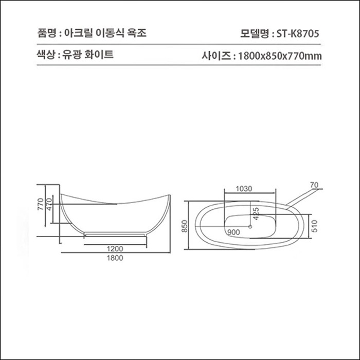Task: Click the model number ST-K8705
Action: [x=297, y=34]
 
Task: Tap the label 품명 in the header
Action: [x=45, y=34]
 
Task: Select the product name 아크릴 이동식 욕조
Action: [x=105, y=34]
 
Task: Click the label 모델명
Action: [x=254, y=34]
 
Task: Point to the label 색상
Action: [x=45, y=54]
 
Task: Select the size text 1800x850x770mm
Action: [x=280, y=56]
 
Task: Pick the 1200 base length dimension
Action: [x=115, y=249]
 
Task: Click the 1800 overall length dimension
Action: [x=115, y=258]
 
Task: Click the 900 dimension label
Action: [x=233, y=232]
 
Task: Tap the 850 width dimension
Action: [x=185, y=225]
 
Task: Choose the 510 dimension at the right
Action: [x=315, y=225]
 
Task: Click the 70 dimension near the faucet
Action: [x=314, y=184]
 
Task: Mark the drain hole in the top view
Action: [x=250, y=225]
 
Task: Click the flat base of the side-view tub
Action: [x=115, y=233]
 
